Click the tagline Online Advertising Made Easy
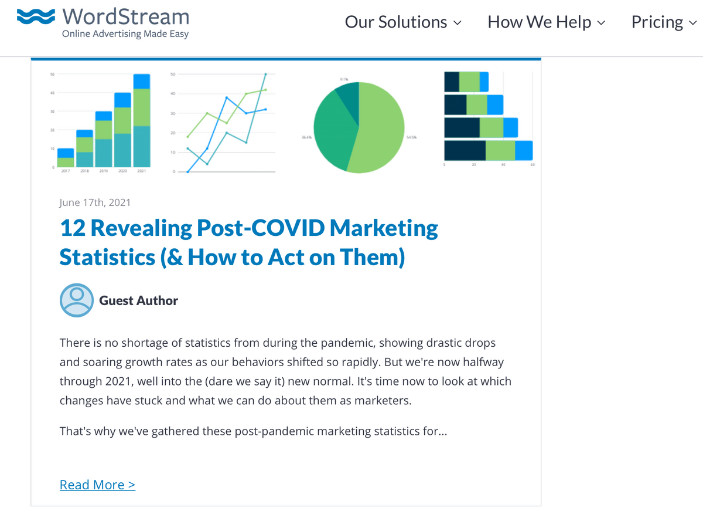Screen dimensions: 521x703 (x=125, y=34)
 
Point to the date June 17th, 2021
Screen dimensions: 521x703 (x=95, y=202)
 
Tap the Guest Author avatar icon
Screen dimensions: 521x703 (x=77, y=300)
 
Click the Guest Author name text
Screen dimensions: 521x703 (x=139, y=301)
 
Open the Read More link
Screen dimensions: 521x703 (x=97, y=485)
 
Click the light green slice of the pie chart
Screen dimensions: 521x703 (x=381, y=129)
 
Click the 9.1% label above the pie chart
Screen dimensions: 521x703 (x=344, y=79)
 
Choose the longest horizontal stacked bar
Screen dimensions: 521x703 (x=488, y=151)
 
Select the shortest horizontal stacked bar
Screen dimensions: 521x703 (x=466, y=82)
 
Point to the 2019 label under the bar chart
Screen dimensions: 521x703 (x=103, y=171)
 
